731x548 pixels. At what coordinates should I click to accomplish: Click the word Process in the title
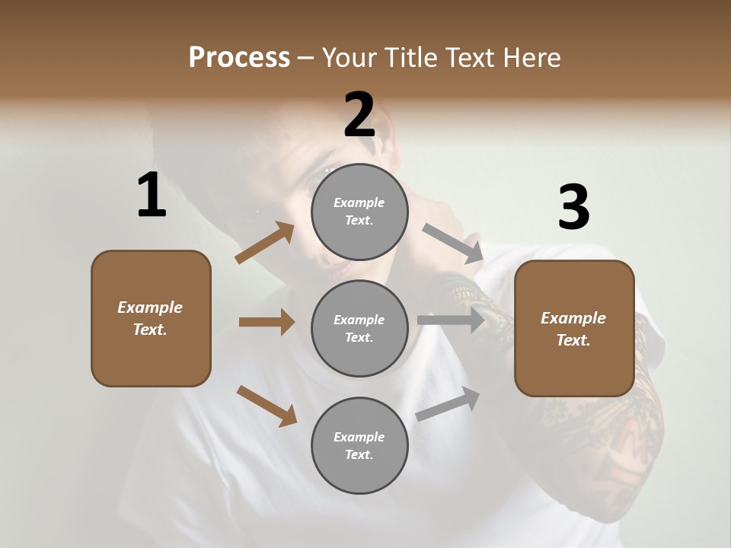tap(239, 57)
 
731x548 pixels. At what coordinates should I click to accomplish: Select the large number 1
tap(152, 196)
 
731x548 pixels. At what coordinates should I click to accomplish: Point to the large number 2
tap(359, 115)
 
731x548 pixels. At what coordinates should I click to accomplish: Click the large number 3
tap(573, 207)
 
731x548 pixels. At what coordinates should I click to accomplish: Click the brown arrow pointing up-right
tap(265, 243)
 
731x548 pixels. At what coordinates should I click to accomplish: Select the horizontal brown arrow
tap(267, 322)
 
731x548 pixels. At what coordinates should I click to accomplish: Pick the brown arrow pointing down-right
tap(267, 405)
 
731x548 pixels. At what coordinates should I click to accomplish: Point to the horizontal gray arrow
tap(451, 320)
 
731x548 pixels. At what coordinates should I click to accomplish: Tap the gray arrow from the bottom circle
tap(448, 403)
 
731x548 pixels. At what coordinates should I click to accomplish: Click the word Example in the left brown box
tap(150, 307)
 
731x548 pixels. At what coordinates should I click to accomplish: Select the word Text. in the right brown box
tap(573, 340)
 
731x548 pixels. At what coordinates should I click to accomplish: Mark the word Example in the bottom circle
tap(359, 437)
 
